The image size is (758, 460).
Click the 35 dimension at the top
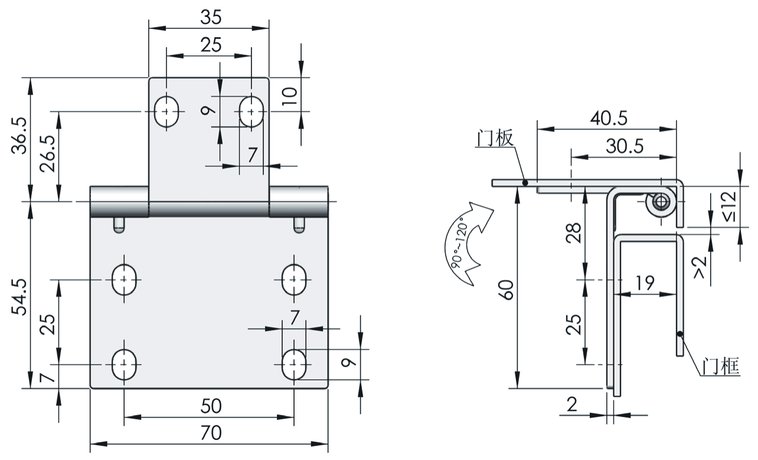tap(210, 17)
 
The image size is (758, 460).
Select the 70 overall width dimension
tap(210, 433)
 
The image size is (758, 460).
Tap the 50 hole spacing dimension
tap(210, 407)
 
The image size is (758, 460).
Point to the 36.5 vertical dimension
tap(21, 135)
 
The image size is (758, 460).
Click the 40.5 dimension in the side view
tap(607, 118)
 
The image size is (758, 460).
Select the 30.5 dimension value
tap(623, 146)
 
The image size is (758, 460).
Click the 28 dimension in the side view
tap(575, 234)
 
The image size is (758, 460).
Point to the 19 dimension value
tap(645, 283)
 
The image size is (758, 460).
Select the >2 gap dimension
tap(700, 267)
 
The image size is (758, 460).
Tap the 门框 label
tap(720, 367)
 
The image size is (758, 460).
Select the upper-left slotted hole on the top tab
tap(167, 111)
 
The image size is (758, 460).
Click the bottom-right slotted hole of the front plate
tap(293, 364)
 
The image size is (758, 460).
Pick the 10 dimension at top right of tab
tap(288, 94)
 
